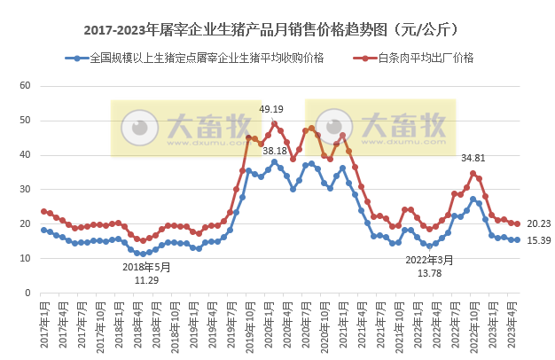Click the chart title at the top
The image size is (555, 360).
pos(277,30)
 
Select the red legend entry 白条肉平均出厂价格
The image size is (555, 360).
pos(425,58)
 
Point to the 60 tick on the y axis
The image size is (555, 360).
pos(26,86)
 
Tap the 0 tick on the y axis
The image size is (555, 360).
pos(28,293)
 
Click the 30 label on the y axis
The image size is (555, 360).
pos(26,190)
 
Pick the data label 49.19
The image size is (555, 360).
pos(271,109)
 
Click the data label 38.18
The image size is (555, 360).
pos(275,151)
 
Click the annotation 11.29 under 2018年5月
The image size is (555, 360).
pos(146,280)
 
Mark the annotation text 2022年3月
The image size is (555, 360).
pos(429,260)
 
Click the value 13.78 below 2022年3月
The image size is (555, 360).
pos(429,273)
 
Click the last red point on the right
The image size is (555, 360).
pos(518,223)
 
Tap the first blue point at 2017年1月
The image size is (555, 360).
pos(43,230)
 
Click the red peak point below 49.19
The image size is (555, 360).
pos(274,124)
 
